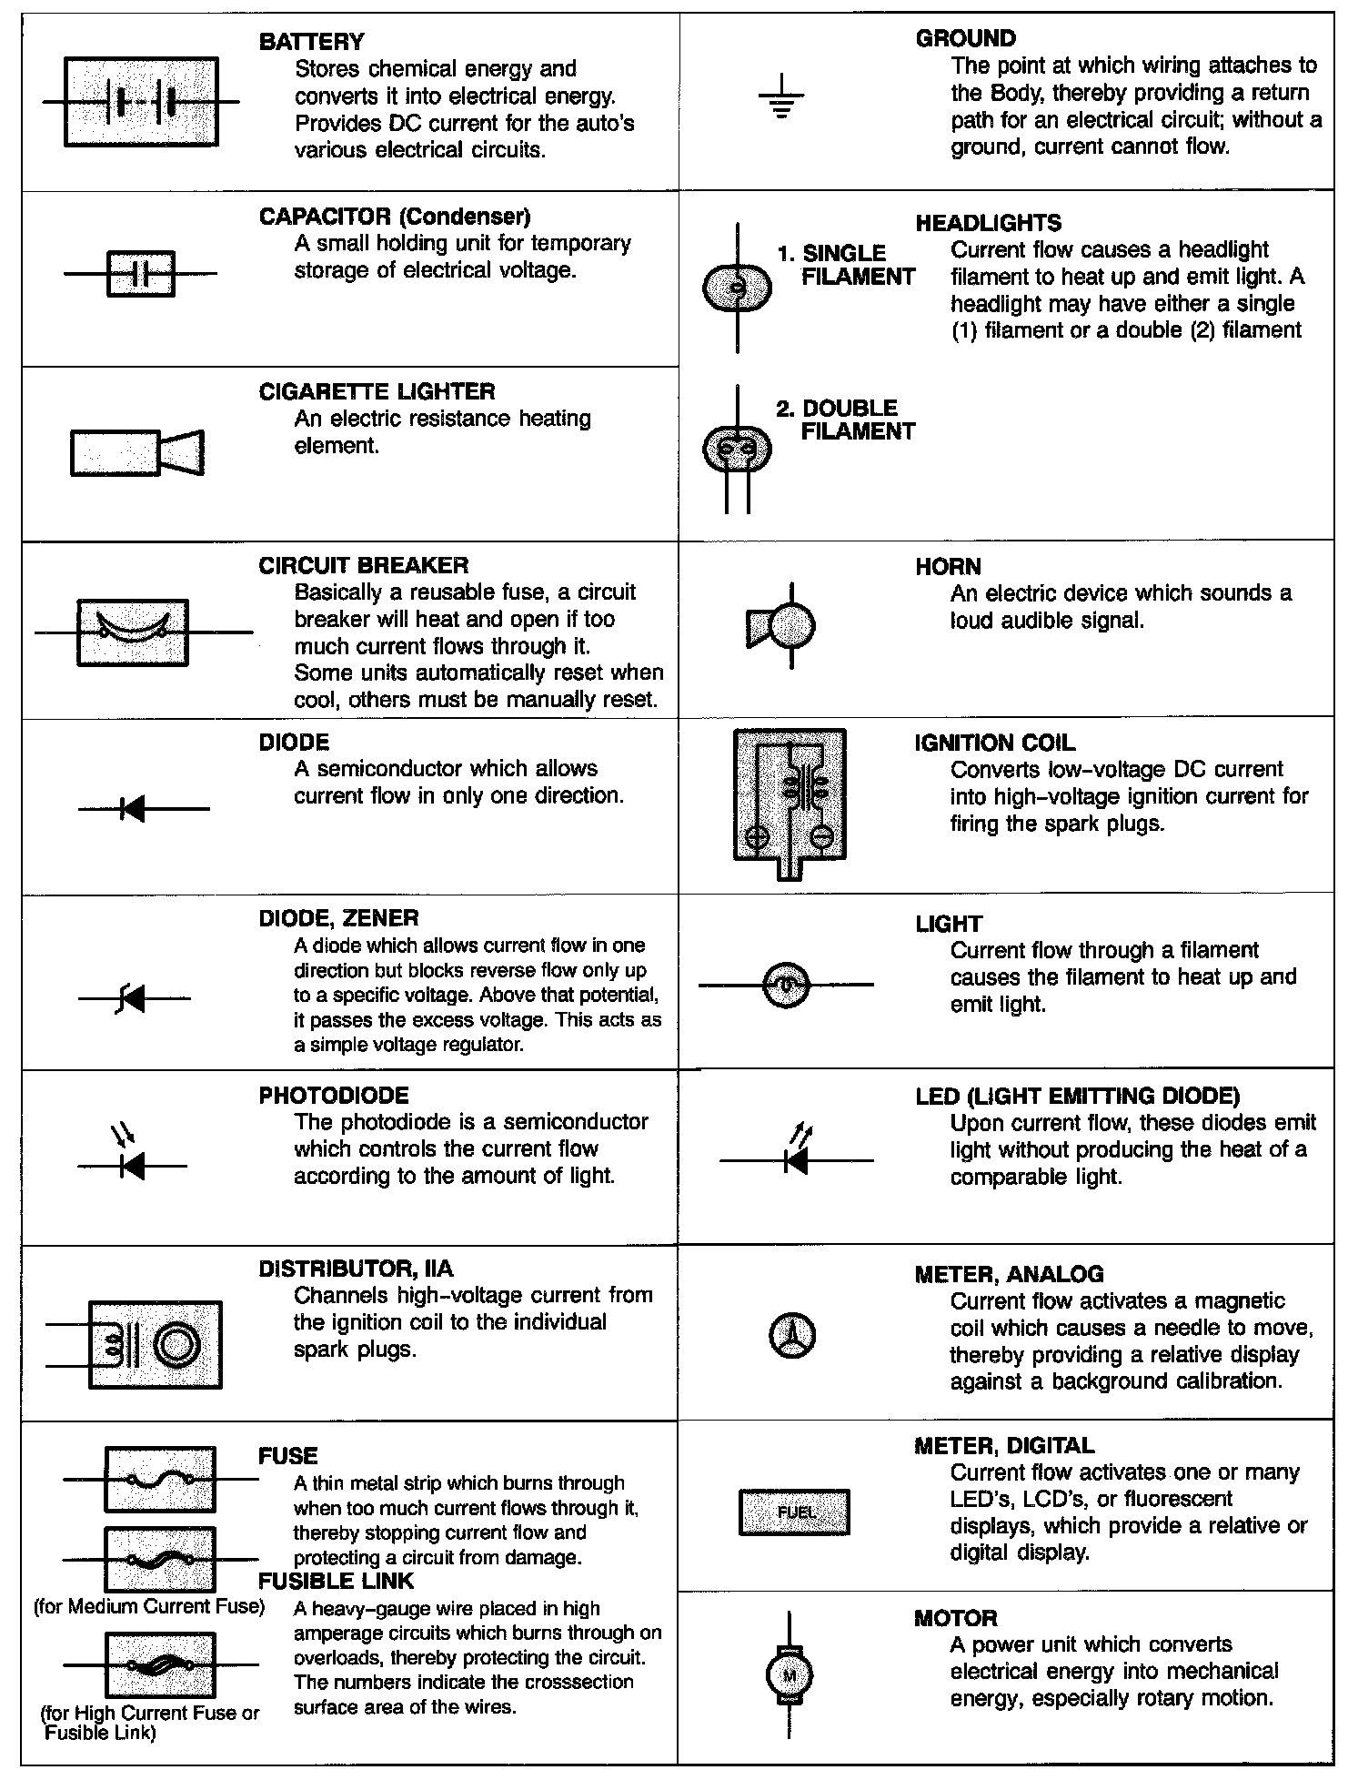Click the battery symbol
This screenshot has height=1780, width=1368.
point(141,102)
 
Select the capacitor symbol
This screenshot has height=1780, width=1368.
point(140,273)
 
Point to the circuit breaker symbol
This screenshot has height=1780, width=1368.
point(133,632)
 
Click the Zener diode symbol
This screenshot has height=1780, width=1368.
point(133,999)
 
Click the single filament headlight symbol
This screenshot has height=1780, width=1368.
point(737,288)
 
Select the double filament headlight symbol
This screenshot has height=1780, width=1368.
point(737,448)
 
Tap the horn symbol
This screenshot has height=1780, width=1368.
point(782,626)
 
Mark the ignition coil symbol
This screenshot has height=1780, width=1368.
point(790,799)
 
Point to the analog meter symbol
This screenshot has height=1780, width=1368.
point(792,1336)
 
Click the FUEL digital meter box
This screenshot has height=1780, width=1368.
point(794,1512)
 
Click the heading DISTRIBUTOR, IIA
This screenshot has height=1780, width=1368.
point(356,1269)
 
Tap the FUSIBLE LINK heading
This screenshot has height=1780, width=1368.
point(336,1581)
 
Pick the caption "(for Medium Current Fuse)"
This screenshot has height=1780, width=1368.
point(149,1606)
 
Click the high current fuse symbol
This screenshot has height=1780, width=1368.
point(160,1664)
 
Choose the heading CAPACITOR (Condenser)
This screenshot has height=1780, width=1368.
point(394,217)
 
